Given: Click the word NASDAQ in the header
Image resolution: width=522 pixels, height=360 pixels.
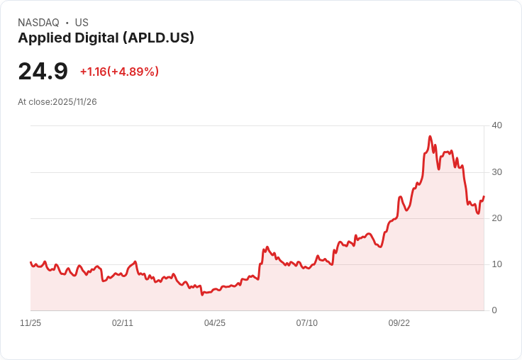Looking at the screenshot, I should (x=38, y=23).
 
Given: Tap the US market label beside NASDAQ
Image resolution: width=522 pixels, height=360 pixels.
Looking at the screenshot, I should (x=82, y=23).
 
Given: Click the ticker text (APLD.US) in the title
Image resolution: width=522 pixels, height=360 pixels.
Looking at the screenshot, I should (x=158, y=38).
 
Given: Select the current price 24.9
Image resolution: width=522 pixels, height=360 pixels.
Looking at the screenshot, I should (x=43, y=72).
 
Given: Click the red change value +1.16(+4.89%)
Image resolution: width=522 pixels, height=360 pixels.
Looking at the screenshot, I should (x=119, y=72).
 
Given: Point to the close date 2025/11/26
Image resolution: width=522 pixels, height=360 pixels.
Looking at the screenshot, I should (x=74, y=102).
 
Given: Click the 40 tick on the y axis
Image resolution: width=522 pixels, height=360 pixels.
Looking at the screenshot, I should (x=496, y=125).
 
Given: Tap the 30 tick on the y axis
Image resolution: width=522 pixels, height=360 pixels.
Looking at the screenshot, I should (x=496, y=172).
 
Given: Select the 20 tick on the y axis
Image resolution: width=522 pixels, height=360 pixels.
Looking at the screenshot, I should (x=496, y=218).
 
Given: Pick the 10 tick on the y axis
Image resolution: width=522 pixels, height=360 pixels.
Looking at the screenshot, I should (x=496, y=264).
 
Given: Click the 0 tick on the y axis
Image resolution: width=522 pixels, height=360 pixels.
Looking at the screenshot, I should (x=494, y=310).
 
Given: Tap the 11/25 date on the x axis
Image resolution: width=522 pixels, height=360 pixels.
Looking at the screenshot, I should (x=30, y=323).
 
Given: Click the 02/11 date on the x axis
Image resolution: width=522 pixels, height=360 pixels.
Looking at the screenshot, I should (x=123, y=323).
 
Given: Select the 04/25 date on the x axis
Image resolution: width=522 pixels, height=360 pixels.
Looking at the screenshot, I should (x=215, y=323).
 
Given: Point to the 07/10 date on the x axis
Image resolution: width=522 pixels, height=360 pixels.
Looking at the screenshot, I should (x=306, y=323).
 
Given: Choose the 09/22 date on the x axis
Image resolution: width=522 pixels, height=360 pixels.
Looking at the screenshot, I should (x=399, y=323).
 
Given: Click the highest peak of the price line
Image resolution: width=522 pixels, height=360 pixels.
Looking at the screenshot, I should (x=430, y=136).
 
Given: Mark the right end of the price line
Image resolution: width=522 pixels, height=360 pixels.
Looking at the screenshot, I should (x=484, y=196).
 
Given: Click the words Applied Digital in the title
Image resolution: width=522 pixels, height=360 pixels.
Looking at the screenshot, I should (x=68, y=38).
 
